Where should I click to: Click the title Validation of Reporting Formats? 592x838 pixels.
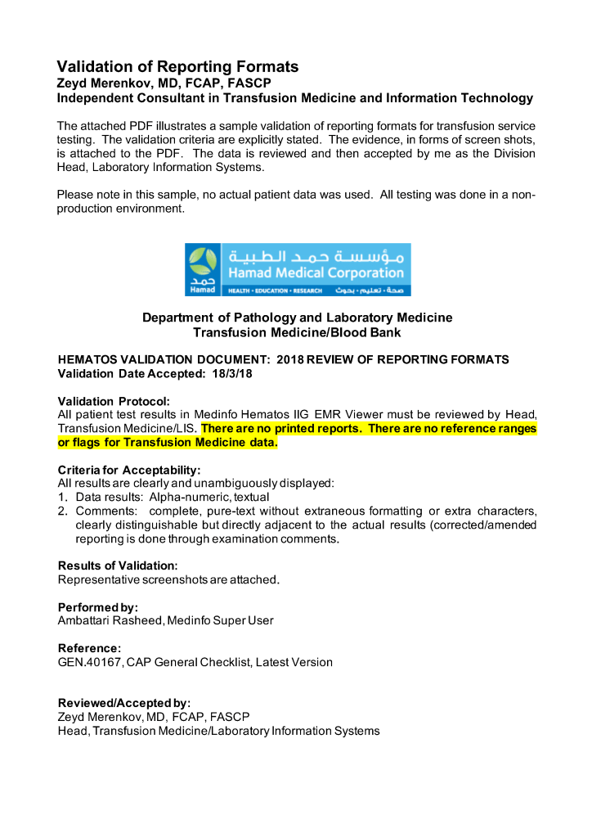click(177, 66)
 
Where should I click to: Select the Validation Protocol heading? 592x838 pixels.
click(114, 401)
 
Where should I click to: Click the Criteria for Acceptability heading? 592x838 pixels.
click(128, 470)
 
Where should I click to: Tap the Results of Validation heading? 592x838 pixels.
click(118, 565)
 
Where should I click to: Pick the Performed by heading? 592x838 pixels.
click(98, 607)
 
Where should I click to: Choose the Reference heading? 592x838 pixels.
click(90, 648)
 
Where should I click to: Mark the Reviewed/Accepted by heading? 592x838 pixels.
click(124, 703)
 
